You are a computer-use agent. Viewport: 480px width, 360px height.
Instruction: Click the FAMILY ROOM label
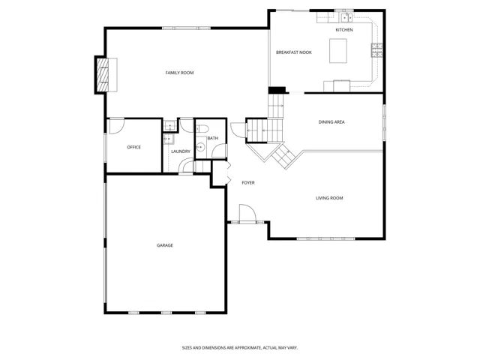[179, 73]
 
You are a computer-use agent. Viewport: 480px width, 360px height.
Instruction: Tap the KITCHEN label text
[344, 30]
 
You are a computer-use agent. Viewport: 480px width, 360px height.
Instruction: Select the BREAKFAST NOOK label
[294, 52]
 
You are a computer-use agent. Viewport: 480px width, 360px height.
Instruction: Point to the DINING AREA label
[331, 121]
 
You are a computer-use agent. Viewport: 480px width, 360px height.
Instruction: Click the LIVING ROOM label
[329, 198]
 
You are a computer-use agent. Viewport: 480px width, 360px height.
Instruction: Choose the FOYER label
[248, 183]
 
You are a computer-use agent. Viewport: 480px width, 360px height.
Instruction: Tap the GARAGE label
[165, 245]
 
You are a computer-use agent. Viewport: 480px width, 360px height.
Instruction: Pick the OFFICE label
[133, 147]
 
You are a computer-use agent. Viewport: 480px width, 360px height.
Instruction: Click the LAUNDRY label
[181, 151]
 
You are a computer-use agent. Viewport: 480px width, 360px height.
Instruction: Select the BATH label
[213, 138]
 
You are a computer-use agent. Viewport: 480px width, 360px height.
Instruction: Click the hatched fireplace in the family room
[103, 75]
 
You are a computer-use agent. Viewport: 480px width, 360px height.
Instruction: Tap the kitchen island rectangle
[338, 51]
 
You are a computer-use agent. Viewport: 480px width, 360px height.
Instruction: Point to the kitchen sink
[346, 18]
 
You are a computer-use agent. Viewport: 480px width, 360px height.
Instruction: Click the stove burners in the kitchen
[377, 50]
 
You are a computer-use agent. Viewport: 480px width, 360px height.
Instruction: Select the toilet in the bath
[202, 128]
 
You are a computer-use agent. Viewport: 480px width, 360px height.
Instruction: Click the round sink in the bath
[201, 148]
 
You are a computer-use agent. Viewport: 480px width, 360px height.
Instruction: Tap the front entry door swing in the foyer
[247, 213]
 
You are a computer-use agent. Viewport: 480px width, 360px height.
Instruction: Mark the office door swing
[117, 126]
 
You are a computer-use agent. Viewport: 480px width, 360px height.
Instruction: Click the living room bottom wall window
[325, 238]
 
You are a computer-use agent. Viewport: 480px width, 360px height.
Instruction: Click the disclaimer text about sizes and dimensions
[240, 348]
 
